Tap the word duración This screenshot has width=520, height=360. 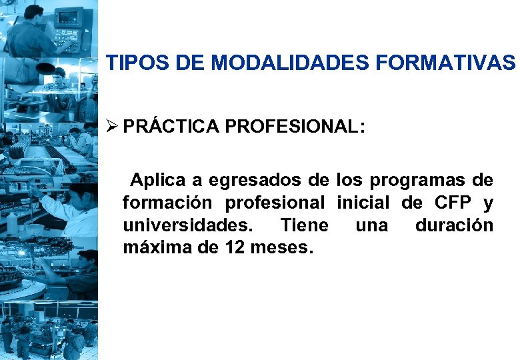[x=454, y=226]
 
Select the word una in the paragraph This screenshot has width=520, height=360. [x=371, y=226]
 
